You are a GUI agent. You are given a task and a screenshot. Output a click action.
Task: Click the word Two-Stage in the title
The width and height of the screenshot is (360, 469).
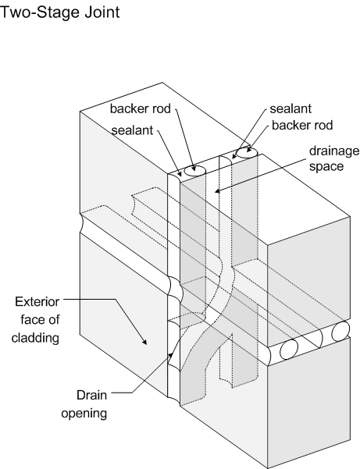coord(38,12)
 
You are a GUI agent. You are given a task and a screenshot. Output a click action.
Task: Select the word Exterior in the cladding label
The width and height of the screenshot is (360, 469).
coord(37,302)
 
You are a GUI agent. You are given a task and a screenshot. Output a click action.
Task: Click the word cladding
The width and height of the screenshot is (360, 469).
coord(35,338)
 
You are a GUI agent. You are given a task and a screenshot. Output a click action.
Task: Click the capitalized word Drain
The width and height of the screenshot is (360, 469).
coord(91,395)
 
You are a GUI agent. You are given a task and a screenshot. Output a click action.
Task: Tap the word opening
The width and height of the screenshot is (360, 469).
coord(84,414)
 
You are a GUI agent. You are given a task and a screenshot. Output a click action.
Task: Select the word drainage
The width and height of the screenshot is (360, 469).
coord(334,151)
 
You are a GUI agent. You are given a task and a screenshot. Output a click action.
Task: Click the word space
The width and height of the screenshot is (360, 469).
coord(326,166)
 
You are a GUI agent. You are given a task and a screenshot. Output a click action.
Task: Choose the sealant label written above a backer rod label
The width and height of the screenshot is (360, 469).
coord(290,108)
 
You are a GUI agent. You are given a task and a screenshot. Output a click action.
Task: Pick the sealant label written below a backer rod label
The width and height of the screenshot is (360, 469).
coord(132,130)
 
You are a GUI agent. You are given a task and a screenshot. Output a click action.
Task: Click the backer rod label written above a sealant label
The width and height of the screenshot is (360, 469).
coord(141,108)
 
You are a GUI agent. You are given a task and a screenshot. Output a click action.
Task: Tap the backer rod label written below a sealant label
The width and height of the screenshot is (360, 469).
coord(302,125)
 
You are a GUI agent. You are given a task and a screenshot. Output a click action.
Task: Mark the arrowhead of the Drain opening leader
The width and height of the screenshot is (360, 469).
coord(171,355)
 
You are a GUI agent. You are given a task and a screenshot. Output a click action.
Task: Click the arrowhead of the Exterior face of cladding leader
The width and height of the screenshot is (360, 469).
coord(144,342)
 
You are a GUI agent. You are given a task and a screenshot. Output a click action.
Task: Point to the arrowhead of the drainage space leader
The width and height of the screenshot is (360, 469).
coord(218,191)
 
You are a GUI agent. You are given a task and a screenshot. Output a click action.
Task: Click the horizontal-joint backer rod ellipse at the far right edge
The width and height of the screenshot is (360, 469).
coord(340,332)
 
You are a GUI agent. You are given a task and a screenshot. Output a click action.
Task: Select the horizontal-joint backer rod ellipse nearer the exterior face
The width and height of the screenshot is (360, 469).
coord(289,350)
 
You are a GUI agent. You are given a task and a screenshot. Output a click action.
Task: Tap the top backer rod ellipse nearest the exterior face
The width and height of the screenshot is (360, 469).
coord(194,171)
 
